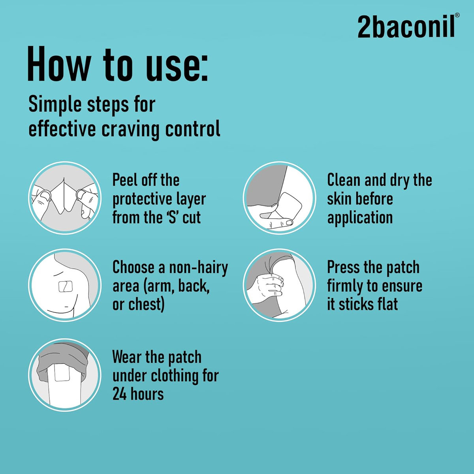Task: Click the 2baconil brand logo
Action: pos(406,26)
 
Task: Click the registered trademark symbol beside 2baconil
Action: pos(457,15)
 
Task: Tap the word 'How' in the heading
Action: pos(59,64)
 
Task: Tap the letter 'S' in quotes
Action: pos(172,218)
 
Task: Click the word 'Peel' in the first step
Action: pos(125,180)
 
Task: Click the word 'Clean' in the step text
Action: pos(344,180)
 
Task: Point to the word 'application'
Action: pos(360,218)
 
